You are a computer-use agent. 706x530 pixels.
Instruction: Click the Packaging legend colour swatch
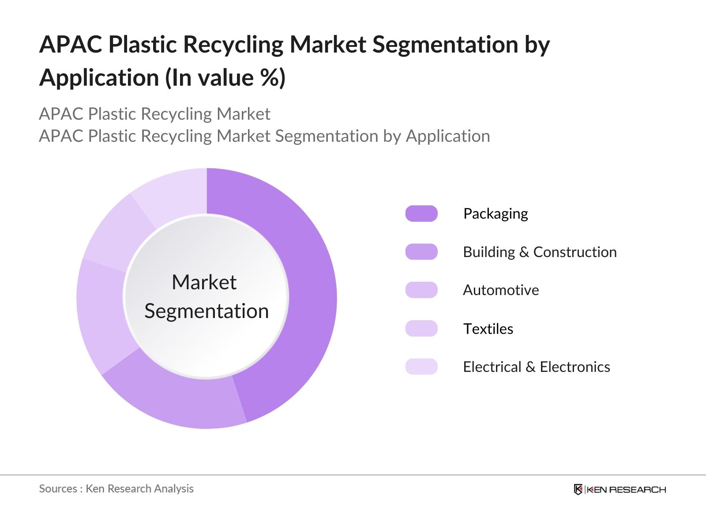[421, 214]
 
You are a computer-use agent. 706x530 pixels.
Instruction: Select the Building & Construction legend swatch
[421, 252]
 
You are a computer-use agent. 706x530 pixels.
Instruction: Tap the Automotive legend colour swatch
[421, 290]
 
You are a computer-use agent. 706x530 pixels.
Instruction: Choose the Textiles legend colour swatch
[421, 329]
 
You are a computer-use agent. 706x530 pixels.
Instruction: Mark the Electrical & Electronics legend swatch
[421, 367]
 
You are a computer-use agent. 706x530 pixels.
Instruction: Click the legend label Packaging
[496, 214]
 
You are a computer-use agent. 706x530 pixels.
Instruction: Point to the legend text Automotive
[501, 290]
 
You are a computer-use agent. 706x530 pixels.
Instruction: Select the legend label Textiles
[488, 329]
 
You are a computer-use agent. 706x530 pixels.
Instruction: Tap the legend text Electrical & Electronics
[537, 367]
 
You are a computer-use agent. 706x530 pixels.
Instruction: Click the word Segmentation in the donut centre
[207, 311]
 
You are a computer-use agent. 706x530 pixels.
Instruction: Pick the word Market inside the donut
[204, 282]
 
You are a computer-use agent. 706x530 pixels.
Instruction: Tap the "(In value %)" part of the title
[225, 78]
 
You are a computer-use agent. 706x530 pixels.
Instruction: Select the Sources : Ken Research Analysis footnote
[116, 488]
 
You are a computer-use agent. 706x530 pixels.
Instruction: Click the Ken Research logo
[620, 489]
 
